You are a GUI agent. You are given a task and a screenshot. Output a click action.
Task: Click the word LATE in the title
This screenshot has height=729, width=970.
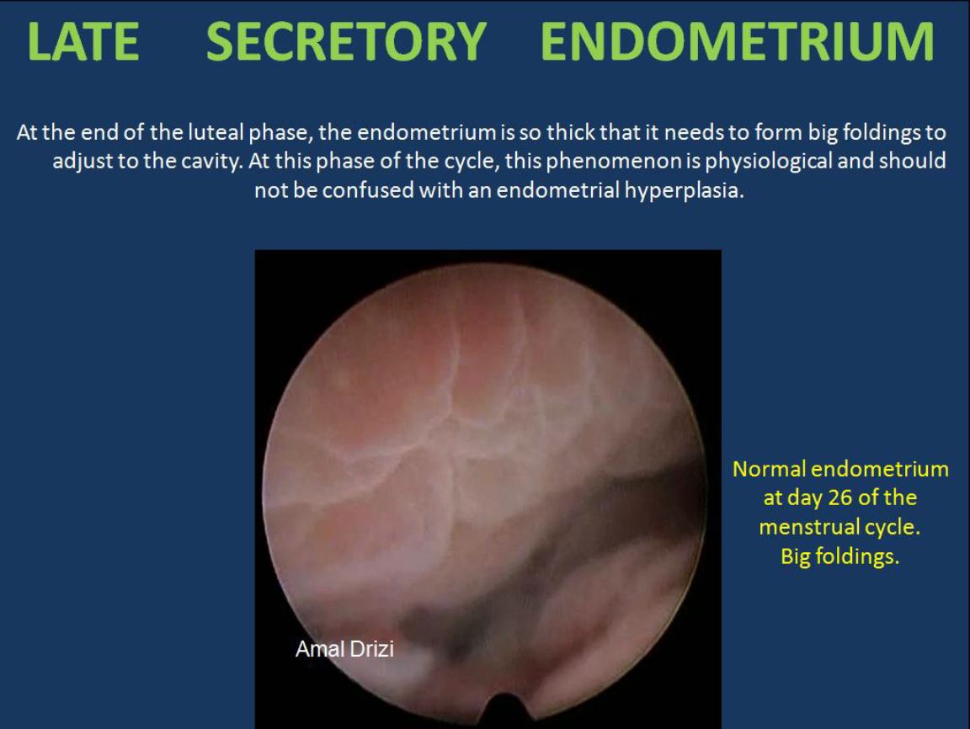click(x=83, y=41)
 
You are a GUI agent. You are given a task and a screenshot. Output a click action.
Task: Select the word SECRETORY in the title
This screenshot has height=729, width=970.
click(x=346, y=41)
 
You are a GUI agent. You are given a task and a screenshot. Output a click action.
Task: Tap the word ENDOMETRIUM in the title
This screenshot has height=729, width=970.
click(x=738, y=41)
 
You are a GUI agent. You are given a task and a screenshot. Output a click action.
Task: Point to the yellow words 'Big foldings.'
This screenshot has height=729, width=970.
click(x=840, y=556)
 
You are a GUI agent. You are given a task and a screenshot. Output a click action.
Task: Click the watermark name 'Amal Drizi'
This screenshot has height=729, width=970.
click(x=344, y=649)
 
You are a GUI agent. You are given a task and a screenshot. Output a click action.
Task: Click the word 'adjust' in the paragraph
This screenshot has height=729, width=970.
click(x=83, y=162)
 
